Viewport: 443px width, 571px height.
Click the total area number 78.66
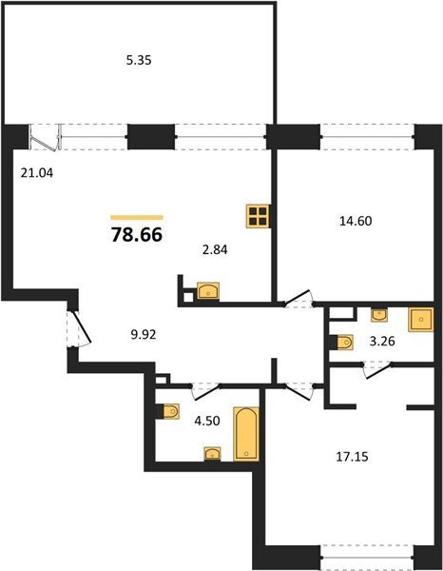[137, 235]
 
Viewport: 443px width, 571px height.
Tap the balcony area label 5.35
[139, 60]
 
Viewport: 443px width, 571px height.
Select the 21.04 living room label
[37, 173]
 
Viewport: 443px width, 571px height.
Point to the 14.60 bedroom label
[356, 221]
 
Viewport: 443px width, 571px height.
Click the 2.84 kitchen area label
[215, 249]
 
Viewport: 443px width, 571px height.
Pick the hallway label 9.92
[144, 334]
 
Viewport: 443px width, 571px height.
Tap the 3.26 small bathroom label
[382, 342]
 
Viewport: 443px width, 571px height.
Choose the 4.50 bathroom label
[207, 421]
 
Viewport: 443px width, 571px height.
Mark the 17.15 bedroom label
[352, 456]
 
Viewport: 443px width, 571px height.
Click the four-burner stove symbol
[258, 216]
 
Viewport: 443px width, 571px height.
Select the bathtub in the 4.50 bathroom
[246, 434]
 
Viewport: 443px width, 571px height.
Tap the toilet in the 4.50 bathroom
[169, 412]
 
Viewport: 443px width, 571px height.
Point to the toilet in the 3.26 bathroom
[342, 343]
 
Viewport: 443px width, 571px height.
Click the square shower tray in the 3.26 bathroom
[421, 320]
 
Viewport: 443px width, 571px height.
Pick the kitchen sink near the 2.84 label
[208, 291]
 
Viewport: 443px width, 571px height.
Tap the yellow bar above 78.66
[137, 218]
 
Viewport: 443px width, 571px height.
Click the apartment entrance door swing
[79, 328]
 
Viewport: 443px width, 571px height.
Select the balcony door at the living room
[45, 138]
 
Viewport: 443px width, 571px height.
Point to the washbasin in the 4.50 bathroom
[212, 454]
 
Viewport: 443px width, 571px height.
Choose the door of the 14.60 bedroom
[299, 299]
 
